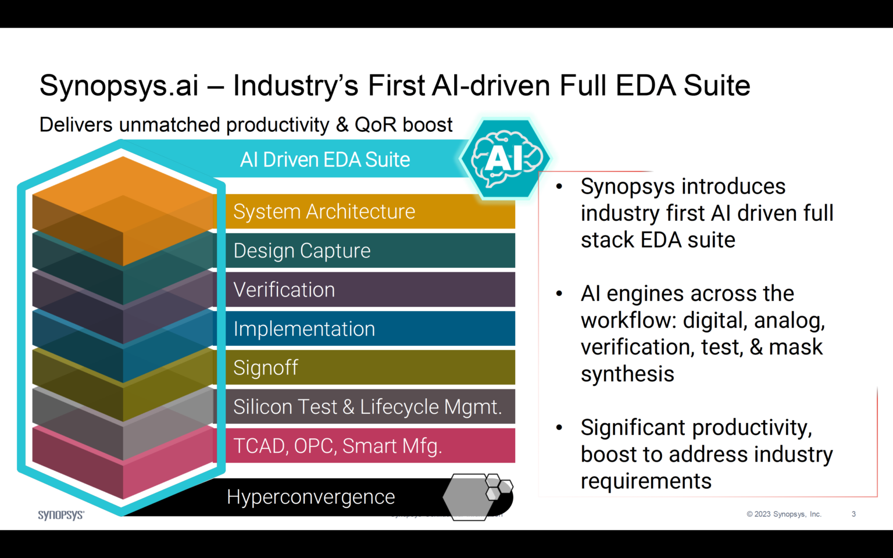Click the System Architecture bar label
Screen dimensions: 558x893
tap(324, 212)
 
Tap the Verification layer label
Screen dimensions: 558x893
tap(284, 289)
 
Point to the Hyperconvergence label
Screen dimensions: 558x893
tap(310, 497)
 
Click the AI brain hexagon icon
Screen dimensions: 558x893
tap(504, 158)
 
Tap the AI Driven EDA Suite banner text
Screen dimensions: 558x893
tap(324, 160)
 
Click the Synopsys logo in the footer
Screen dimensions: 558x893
tap(61, 515)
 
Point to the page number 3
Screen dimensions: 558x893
tap(853, 514)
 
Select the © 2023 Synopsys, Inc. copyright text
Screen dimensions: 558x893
tap(784, 514)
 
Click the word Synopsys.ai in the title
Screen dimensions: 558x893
tap(119, 86)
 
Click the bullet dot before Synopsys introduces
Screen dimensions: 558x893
tap(559, 187)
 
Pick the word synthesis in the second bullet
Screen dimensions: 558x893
tap(627, 374)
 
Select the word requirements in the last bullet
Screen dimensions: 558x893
tap(646, 481)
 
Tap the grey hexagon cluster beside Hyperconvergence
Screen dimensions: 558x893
tap(477, 495)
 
